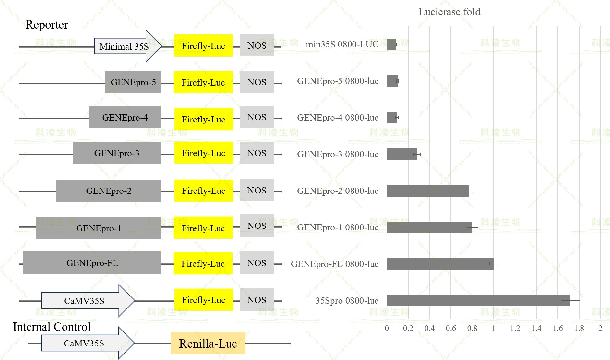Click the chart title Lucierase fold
449,12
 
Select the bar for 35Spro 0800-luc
478,300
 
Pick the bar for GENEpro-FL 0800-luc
440,264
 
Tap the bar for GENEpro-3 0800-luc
402,154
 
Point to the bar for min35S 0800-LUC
391,44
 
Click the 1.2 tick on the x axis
515,328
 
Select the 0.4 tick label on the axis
429,328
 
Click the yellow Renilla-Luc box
208,343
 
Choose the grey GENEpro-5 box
133,82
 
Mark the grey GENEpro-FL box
92,263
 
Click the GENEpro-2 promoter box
109,191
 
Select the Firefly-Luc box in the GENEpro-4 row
203,119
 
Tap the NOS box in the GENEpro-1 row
257,226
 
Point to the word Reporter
47,25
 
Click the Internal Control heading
52,327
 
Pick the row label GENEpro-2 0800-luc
338,191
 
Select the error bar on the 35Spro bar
570,301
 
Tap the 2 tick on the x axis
600,328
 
